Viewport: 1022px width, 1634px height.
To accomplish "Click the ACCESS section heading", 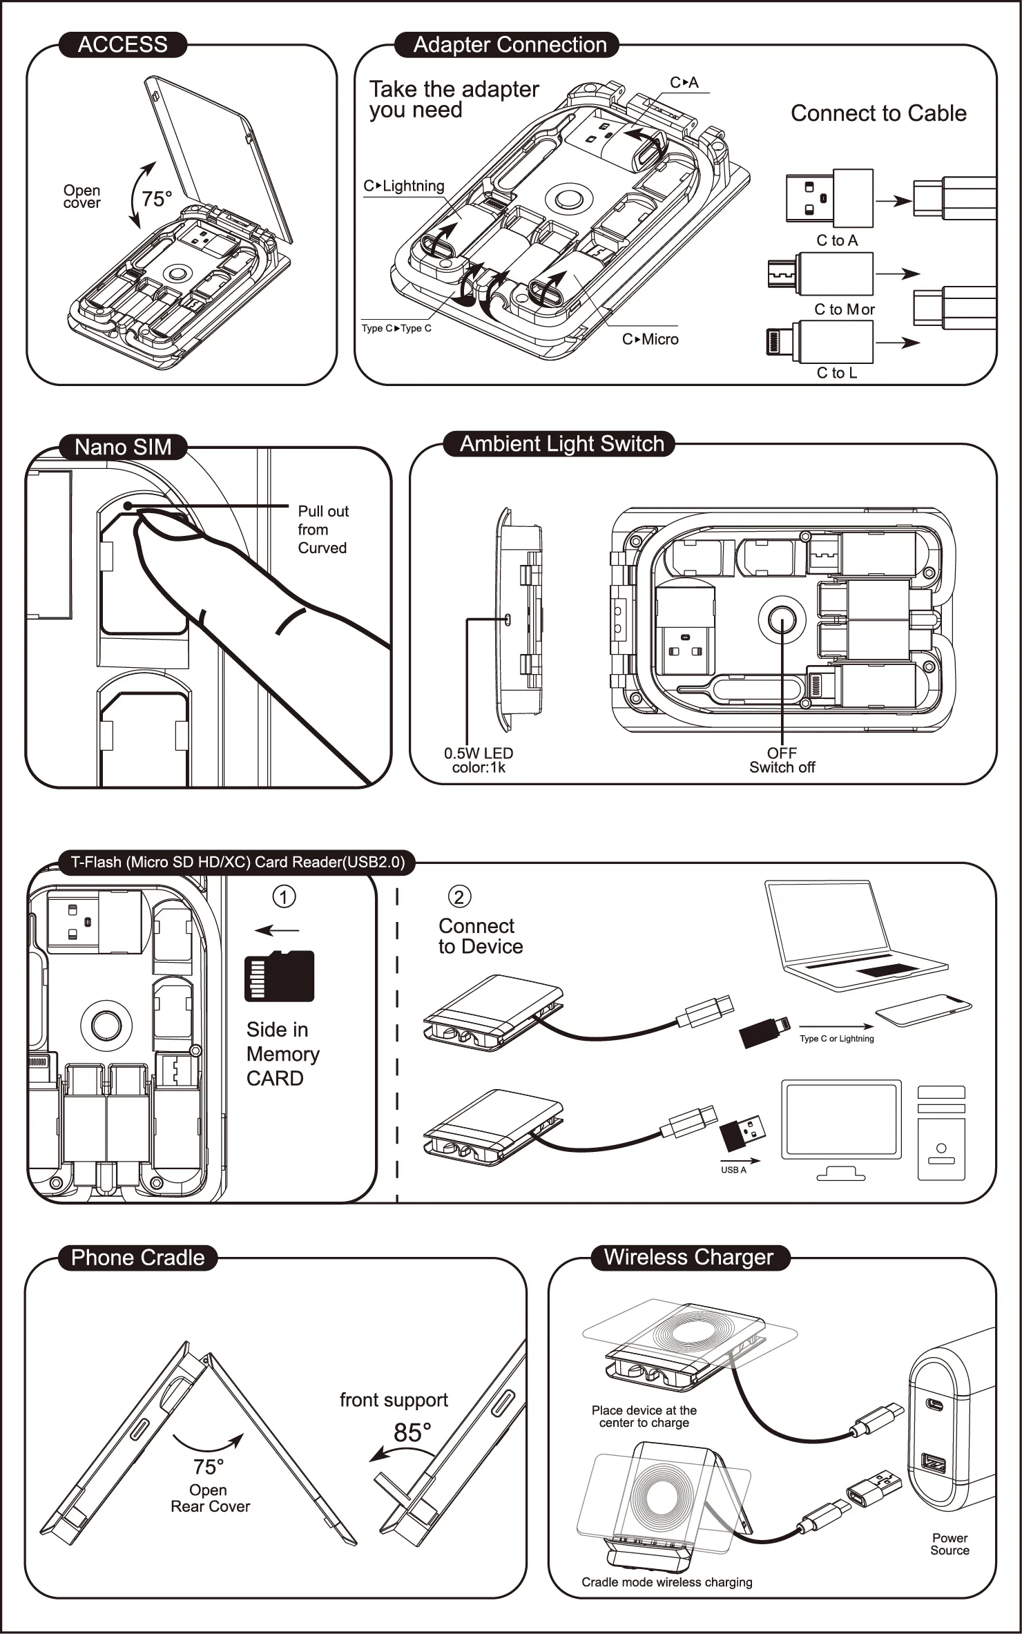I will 122,45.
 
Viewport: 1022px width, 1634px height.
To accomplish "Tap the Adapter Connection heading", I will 510,45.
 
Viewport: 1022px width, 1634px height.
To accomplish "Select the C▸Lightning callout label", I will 404,186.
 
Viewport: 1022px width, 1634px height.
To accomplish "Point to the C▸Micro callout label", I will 650,339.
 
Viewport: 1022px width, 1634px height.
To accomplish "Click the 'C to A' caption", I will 837,240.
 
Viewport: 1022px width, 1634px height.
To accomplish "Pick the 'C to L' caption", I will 837,373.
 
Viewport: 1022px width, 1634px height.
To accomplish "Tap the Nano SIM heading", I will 123,447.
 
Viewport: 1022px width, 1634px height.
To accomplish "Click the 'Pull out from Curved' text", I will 322,529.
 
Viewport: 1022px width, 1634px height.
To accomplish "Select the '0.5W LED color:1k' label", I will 479,760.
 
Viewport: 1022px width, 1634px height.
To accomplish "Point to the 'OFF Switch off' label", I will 782,760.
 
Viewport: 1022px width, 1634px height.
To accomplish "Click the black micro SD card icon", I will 279,976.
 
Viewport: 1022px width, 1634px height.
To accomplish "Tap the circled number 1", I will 284,896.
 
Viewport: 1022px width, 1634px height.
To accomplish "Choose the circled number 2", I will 459,896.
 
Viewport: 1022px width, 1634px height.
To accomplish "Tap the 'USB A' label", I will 733,1170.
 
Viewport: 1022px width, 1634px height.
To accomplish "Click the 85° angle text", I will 412,1432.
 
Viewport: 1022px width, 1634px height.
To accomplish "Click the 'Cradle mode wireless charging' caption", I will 666,1582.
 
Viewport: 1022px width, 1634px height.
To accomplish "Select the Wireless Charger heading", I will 688,1257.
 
